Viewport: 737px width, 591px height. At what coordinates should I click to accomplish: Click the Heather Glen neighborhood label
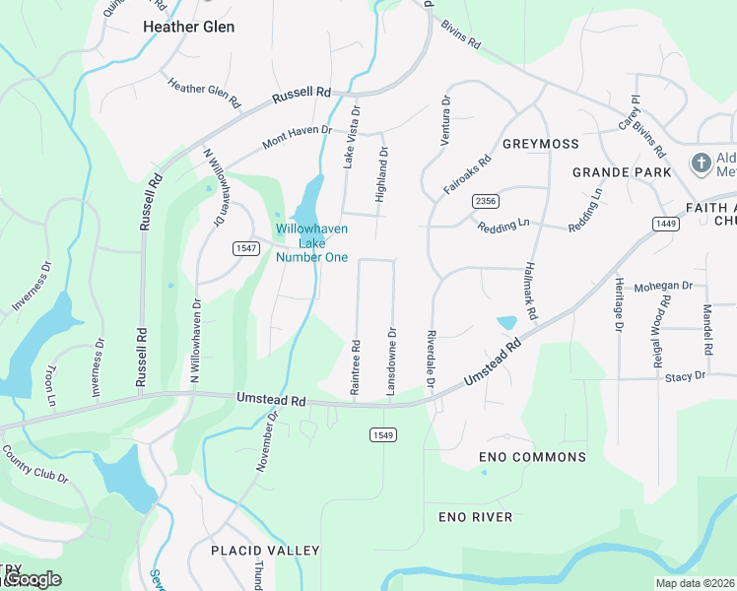click(x=189, y=27)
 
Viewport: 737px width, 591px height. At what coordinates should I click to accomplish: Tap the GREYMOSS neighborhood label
click(x=541, y=144)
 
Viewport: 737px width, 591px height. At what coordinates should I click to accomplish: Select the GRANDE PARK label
click(x=623, y=172)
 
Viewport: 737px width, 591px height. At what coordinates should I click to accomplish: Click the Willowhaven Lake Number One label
click(x=311, y=242)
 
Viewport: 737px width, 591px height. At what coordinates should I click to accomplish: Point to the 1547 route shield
click(x=247, y=248)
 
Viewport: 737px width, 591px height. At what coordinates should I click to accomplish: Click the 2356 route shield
click(x=485, y=201)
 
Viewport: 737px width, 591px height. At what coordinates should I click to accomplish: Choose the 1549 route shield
click(x=384, y=434)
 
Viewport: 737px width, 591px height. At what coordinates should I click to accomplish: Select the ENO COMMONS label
click(x=532, y=457)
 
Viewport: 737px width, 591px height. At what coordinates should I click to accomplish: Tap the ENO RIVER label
click(x=476, y=517)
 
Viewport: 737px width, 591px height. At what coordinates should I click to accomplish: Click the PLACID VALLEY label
click(x=265, y=550)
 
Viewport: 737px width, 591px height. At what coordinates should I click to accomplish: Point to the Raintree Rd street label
click(x=356, y=368)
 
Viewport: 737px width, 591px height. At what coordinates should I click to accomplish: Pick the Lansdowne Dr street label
click(x=391, y=361)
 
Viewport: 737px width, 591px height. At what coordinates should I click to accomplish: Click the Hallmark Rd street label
click(x=529, y=291)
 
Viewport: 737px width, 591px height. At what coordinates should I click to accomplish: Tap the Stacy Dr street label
click(x=686, y=376)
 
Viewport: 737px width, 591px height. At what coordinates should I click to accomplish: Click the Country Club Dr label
click(x=35, y=465)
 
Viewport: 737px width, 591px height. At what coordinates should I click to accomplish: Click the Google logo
click(x=33, y=579)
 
